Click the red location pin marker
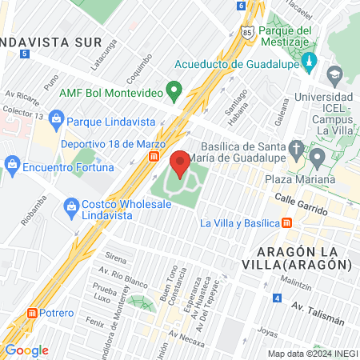[x=179, y=162]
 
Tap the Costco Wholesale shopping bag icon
[x=70, y=206]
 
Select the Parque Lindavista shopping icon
[x=56, y=122]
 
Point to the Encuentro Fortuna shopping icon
[x=12, y=166]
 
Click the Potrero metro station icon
[x=33, y=313]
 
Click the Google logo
[x=26, y=350]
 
